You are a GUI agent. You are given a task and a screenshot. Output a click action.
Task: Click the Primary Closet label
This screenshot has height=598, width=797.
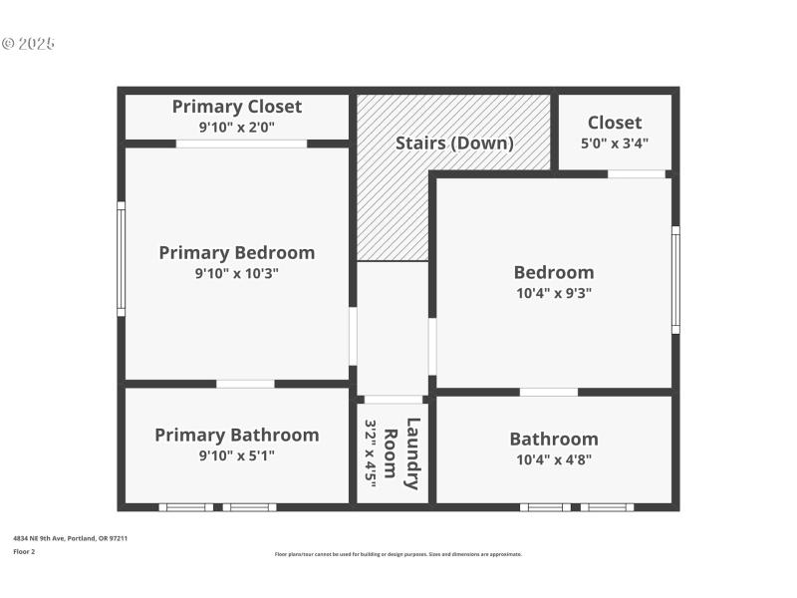pos(236,107)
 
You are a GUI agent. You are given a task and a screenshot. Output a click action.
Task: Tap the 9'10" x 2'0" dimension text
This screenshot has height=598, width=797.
pos(236,128)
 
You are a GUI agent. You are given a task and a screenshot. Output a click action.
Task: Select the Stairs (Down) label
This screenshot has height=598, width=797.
pos(454,143)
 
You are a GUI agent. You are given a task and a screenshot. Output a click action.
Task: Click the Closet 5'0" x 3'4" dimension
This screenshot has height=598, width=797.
pos(615,143)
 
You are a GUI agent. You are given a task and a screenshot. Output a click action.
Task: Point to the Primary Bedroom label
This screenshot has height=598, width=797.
pos(236,252)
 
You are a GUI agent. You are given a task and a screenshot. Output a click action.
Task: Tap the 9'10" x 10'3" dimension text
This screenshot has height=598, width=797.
pos(236,273)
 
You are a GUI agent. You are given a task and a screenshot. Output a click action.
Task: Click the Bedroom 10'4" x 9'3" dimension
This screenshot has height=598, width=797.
pos(554,293)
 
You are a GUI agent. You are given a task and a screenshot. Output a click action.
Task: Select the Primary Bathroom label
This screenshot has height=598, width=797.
pos(236,435)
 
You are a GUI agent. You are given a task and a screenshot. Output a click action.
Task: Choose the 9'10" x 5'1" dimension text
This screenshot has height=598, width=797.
pos(236,455)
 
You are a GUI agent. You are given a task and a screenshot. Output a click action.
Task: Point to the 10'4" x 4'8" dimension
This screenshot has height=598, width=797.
pos(554,459)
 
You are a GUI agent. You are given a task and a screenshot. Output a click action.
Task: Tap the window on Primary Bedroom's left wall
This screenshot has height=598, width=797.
pos(121,258)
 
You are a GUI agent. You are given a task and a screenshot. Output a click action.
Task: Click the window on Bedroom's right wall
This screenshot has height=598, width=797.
pos(675,279)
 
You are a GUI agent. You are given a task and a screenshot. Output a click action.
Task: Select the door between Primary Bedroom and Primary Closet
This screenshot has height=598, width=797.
pos(241,144)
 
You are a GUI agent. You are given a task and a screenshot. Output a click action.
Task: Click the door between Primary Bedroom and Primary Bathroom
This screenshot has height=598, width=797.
pos(245,384)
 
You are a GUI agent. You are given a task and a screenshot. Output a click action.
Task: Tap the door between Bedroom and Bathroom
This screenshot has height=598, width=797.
pos(548,392)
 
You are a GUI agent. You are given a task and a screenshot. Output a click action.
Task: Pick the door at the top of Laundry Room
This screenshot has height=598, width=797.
pos(393,399)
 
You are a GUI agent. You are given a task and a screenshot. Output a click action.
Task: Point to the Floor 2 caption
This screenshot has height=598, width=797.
pos(24,551)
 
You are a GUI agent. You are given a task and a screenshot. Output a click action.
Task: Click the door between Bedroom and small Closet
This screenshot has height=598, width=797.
pos(637,174)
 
